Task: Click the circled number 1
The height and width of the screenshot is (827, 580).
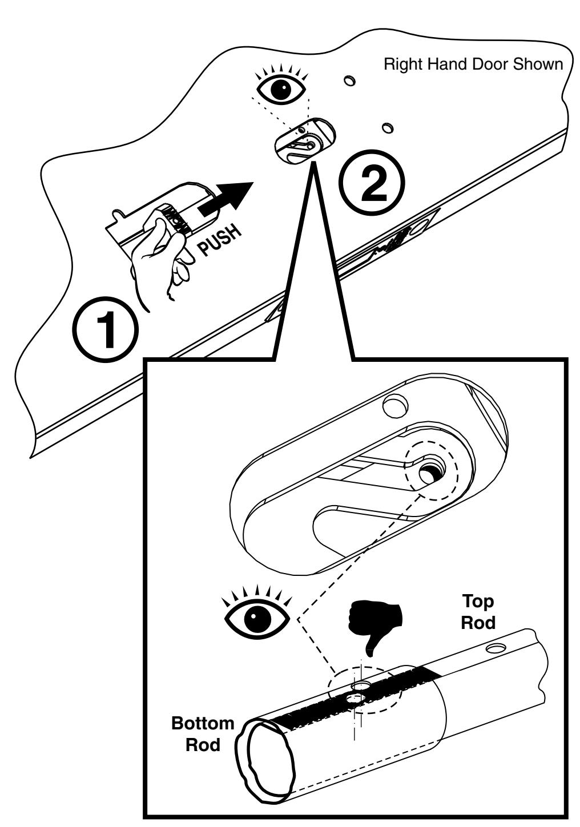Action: (x=106, y=330)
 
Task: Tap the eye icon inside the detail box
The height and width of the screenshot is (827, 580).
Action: (x=258, y=615)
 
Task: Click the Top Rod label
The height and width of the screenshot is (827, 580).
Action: (x=477, y=613)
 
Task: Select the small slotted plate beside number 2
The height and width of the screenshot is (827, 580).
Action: (x=304, y=142)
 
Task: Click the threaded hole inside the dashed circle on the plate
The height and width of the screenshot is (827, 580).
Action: (x=429, y=472)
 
